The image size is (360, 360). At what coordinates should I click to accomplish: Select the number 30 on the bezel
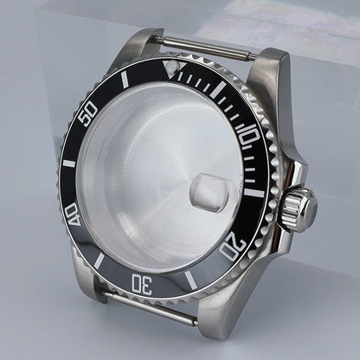(144, 282)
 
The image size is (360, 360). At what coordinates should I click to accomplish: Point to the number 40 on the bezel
(73, 214)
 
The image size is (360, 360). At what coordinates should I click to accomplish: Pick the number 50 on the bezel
(87, 115)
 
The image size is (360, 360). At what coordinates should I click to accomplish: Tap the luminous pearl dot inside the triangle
(177, 65)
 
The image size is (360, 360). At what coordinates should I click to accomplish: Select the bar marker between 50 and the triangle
(125, 80)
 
